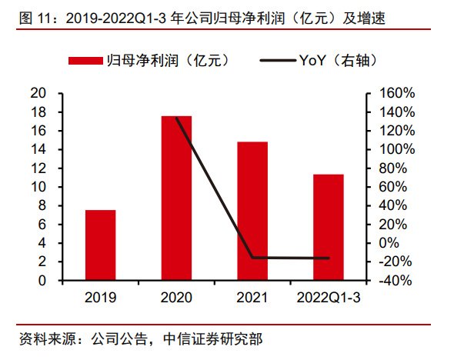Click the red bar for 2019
(101, 245)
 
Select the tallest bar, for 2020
(176, 198)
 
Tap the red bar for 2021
(252, 211)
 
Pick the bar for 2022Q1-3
(329, 227)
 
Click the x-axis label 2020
(176, 297)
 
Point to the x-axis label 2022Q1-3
(329, 297)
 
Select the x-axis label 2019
(101, 297)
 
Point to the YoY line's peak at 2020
(176, 117)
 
